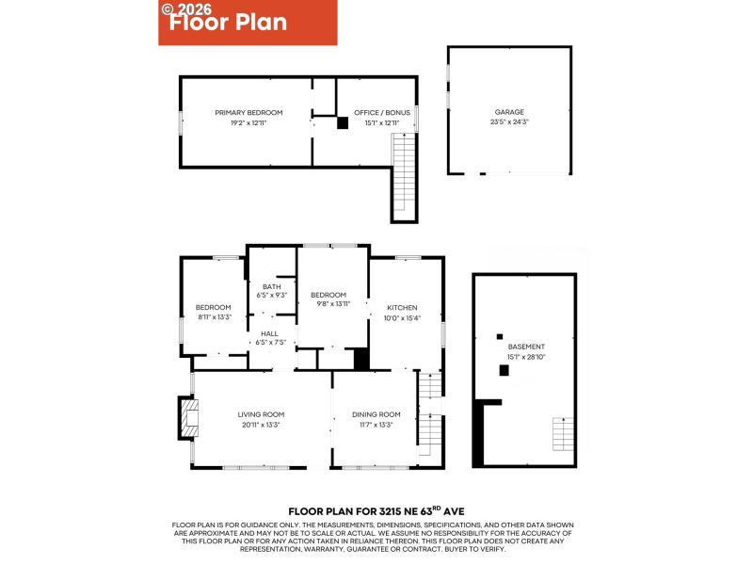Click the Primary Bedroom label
tap(248, 113)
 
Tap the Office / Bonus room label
tap(376, 113)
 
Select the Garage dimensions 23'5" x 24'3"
tap(509, 121)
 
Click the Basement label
tap(525, 347)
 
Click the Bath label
tap(272, 287)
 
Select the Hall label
tap(270, 332)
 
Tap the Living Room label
tap(261, 414)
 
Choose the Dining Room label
tap(376, 414)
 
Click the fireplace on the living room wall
tap(187, 418)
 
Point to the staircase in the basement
tap(562, 434)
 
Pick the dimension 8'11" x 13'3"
tap(214, 317)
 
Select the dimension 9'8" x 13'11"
tap(329, 304)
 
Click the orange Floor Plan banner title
tap(229, 23)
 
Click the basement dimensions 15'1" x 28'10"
tap(525, 356)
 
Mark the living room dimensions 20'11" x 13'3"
tap(261, 425)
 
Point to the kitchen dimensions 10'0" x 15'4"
tap(402, 317)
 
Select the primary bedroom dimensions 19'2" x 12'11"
tap(248, 122)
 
